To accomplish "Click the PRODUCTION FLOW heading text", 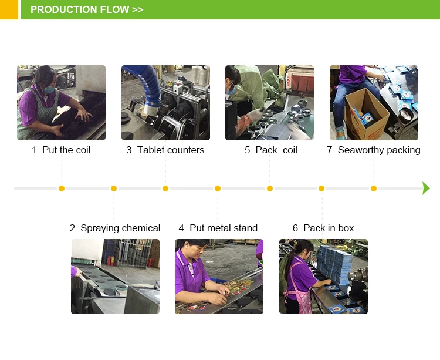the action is [87, 9].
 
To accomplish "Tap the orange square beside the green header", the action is [9, 9].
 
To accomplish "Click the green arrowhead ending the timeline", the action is [426, 188].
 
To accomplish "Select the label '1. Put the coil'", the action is [61, 150].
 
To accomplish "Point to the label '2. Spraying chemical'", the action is [115, 228].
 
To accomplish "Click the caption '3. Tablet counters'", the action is [165, 150].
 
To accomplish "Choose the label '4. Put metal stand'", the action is [218, 228].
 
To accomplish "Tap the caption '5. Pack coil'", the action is [271, 150].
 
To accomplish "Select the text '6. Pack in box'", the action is [323, 228].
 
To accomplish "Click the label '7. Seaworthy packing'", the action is [374, 150].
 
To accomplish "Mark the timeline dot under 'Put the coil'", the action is [62, 189].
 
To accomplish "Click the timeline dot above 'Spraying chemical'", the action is [114, 189].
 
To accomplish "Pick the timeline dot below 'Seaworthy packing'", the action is [374, 189].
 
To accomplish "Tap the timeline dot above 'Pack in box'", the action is [321, 189].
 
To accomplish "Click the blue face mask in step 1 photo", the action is [49, 90].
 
